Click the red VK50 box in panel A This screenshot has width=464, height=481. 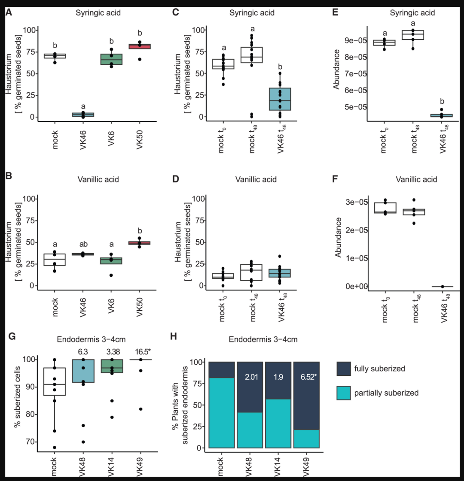point(140,46)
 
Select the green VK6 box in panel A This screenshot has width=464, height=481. point(111,59)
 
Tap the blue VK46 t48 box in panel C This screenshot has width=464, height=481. point(280,99)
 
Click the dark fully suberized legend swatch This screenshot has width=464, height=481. point(344,369)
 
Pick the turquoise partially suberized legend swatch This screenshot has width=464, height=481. point(344,393)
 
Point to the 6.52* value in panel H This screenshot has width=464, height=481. point(308,377)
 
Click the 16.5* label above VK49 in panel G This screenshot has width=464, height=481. point(143,352)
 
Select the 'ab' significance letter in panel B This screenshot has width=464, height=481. point(83,244)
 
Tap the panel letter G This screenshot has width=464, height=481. point(12,336)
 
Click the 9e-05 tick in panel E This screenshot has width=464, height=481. point(356,40)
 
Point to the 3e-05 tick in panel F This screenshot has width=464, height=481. point(357,202)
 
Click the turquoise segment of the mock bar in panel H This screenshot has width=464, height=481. point(221,413)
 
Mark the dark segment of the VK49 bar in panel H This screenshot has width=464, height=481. point(306,396)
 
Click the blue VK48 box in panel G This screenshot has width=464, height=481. point(83,371)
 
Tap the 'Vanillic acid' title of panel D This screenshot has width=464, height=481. point(256,179)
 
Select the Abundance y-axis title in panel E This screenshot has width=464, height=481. point(336,70)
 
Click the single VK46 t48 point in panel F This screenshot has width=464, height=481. point(443,287)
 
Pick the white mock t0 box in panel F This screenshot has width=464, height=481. point(385,208)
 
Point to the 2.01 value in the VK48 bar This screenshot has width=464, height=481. point(251,377)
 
